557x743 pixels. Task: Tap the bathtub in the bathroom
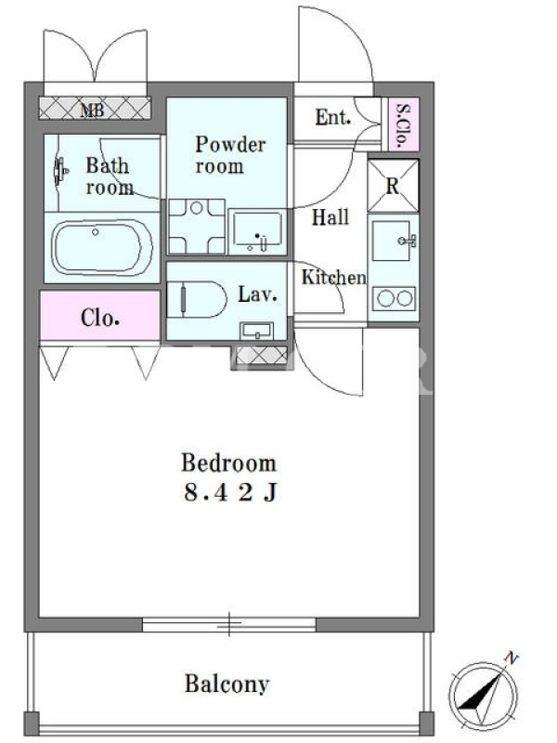tap(101, 247)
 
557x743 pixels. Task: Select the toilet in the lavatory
tap(197, 299)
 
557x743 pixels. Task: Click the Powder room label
tap(230, 155)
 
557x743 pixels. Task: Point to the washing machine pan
tap(197, 227)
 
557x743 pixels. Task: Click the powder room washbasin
tap(257, 231)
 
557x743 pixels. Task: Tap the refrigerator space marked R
tap(393, 185)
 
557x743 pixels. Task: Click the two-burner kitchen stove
tap(394, 299)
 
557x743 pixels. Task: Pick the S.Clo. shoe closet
tap(404, 124)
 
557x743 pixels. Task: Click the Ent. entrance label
tap(334, 117)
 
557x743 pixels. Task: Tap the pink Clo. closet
tap(100, 316)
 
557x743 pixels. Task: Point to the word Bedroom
tap(228, 463)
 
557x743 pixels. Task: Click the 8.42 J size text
tap(230, 493)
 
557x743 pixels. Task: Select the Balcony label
tap(227, 684)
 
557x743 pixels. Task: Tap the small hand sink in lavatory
tap(257, 331)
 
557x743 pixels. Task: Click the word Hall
tap(330, 217)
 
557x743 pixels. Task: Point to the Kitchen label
tap(334, 277)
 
